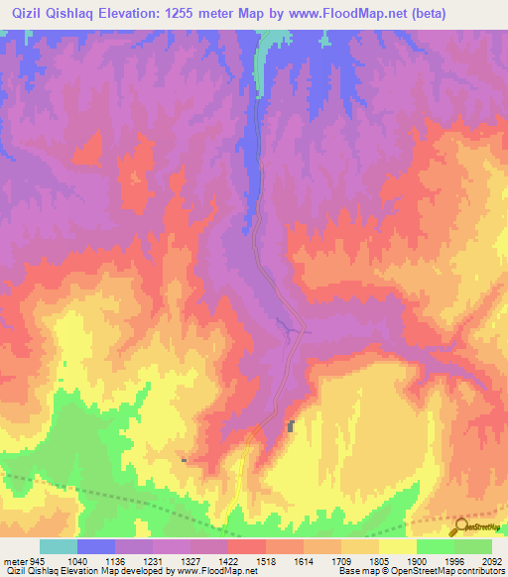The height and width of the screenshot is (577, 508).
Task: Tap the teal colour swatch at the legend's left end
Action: coord(58,546)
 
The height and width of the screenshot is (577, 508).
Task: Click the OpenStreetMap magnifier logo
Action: coord(460,527)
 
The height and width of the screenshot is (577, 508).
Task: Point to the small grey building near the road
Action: coord(291,427)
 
